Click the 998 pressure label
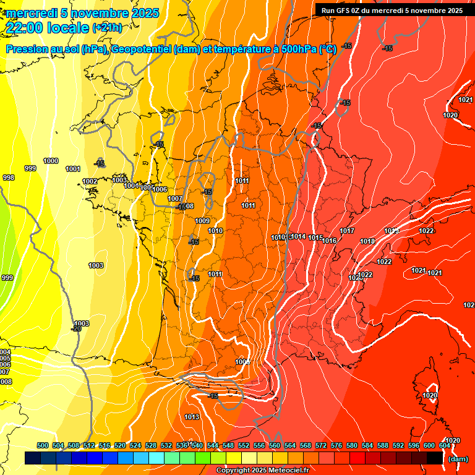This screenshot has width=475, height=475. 8,178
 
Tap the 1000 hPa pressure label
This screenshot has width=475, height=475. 51,161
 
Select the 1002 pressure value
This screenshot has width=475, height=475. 90,181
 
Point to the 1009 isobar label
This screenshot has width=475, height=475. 202,221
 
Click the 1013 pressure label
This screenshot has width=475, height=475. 192,417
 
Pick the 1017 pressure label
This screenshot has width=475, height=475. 347,231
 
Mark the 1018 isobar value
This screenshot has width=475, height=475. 367,241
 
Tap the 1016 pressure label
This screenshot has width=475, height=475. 329,241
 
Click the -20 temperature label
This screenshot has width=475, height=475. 76,328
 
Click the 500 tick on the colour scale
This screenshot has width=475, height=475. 43,445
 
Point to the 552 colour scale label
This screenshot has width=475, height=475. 244,445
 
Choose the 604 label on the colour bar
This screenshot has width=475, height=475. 445,445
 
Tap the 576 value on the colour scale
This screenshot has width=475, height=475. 336,445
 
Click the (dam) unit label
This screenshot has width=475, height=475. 457,459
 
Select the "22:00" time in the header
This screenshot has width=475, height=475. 25,27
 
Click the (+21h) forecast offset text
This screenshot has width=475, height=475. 107,27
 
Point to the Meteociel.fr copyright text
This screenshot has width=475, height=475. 263,471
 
